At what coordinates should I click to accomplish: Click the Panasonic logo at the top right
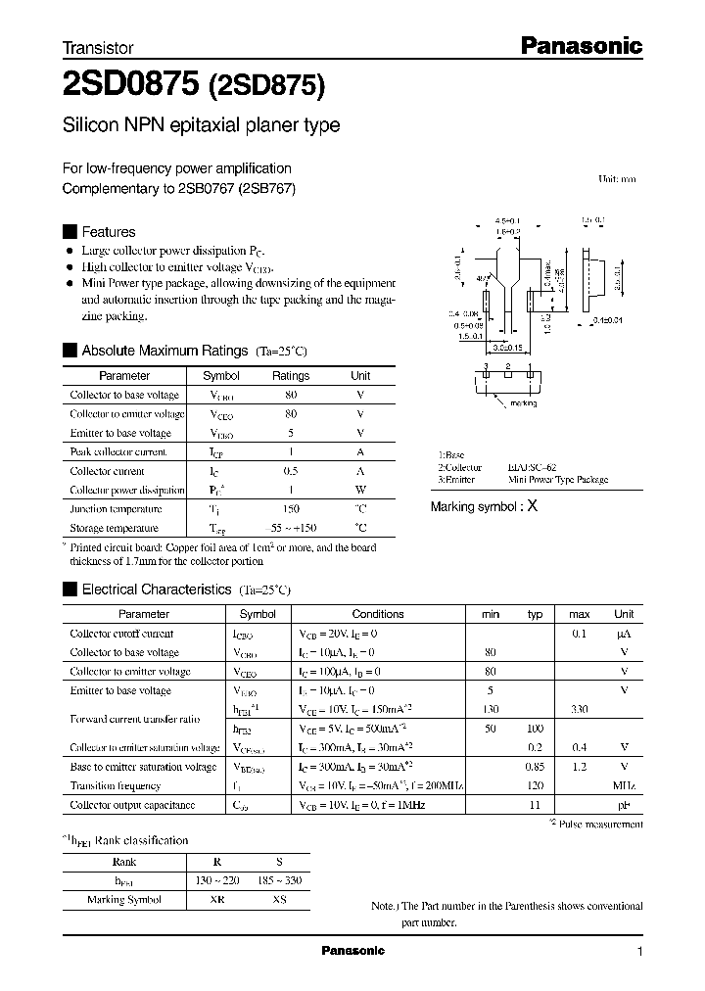tap(580, 45)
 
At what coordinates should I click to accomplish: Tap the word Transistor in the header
tap(98, 47)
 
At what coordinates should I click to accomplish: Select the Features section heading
tap(108, 232)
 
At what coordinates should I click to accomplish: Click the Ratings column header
tap(291, 376)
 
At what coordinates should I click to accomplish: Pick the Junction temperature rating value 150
tap(291, 509)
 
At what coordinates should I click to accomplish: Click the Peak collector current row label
tap(118, 452)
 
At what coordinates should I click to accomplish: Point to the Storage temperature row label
tap(116, 528)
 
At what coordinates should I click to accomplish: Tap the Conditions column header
tap(378, 614)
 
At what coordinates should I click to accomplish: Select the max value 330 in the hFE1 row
tap(579, 709)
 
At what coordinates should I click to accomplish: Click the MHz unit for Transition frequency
tap(624, 785)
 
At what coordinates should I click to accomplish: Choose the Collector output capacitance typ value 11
tap(535, 805)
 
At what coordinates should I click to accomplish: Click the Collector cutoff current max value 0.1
tap(579, 634)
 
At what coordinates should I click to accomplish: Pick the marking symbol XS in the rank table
tap(279, 900)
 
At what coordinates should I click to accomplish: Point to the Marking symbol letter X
tap(532, 506)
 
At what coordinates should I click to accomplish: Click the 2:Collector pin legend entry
tap(460, 468)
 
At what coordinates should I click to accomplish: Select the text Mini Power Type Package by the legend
tap(558, 480)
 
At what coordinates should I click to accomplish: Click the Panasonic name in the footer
tap(353, 951)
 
